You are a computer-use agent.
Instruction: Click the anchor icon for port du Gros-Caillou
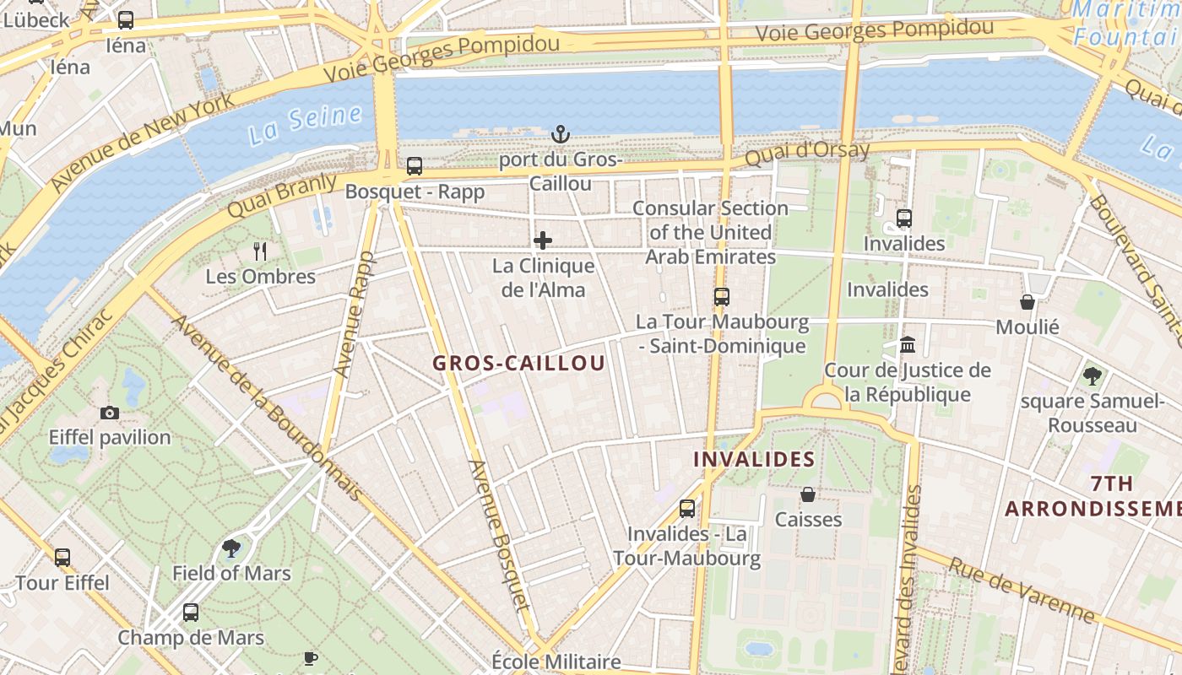pos(560,134)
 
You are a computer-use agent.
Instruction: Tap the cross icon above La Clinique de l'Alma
pos(543,240)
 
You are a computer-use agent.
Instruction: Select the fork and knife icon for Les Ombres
pos(260,251)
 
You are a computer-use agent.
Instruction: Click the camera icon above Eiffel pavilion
pos(110,413)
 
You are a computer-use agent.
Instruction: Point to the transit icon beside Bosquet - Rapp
pos(414,166)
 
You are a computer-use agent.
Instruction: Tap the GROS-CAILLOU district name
pos(518,364)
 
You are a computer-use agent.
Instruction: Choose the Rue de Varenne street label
pos(1022,590)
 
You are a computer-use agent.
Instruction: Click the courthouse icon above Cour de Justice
pos(908,344)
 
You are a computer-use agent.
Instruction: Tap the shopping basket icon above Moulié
pos(1027,301)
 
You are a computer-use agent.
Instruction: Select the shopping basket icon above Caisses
pos(808,494)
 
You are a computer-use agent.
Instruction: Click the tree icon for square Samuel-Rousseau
pos(1092,375)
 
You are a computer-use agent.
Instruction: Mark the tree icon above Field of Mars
pos(231,548)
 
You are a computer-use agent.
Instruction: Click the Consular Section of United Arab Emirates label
pos(710,232)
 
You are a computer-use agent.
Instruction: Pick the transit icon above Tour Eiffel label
pos(62,557)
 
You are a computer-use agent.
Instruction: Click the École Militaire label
pos(556,661)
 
